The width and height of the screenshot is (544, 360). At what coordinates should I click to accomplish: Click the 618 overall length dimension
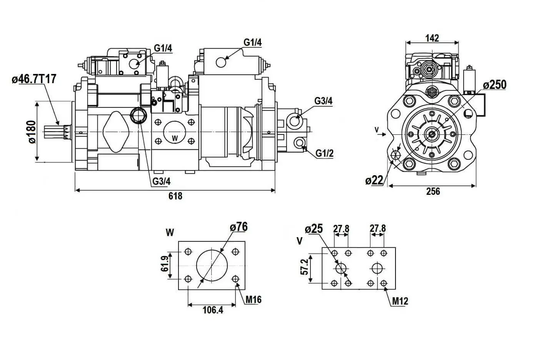[x=175, y=196]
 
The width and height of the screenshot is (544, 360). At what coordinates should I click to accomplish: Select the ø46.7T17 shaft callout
[x=34, y=79]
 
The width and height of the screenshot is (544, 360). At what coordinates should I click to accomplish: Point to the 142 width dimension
[x=432, y=38]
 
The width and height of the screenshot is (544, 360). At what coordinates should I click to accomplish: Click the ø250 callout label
[x=495, y=85]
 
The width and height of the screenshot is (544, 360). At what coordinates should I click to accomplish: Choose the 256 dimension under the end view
[x=433, y=191]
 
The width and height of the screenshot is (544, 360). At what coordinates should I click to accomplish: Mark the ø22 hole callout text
[x=374, y=180]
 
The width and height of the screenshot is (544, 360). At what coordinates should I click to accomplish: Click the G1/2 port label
[x=324, y=153]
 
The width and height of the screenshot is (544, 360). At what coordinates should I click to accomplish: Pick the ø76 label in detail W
[x=239, y=227]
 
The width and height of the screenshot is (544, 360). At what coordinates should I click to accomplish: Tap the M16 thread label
[x=254, y=299]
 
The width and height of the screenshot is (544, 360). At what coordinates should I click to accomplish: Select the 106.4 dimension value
[x=213, y=310]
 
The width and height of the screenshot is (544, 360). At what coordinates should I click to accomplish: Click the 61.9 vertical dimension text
[x=165, y=264]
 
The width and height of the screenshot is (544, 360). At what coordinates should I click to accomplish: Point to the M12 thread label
[x=400, y=301]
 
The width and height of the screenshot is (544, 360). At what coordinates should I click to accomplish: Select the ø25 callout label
[x=314, y=229]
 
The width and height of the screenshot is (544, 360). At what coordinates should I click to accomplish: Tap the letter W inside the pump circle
[x=175, y=137]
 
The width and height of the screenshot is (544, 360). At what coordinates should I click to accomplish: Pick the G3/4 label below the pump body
[x=161, y=181]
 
